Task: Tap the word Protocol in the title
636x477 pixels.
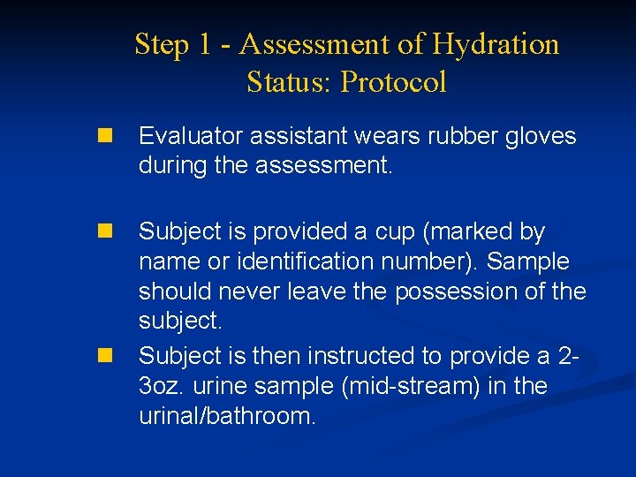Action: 394,82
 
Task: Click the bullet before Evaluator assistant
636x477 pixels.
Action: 106,137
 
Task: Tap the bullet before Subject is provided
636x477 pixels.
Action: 106,232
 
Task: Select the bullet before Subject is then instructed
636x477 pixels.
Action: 106,356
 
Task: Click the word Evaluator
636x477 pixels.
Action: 190,137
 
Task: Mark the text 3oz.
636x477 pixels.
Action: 159,386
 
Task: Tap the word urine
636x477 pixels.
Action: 216,386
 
